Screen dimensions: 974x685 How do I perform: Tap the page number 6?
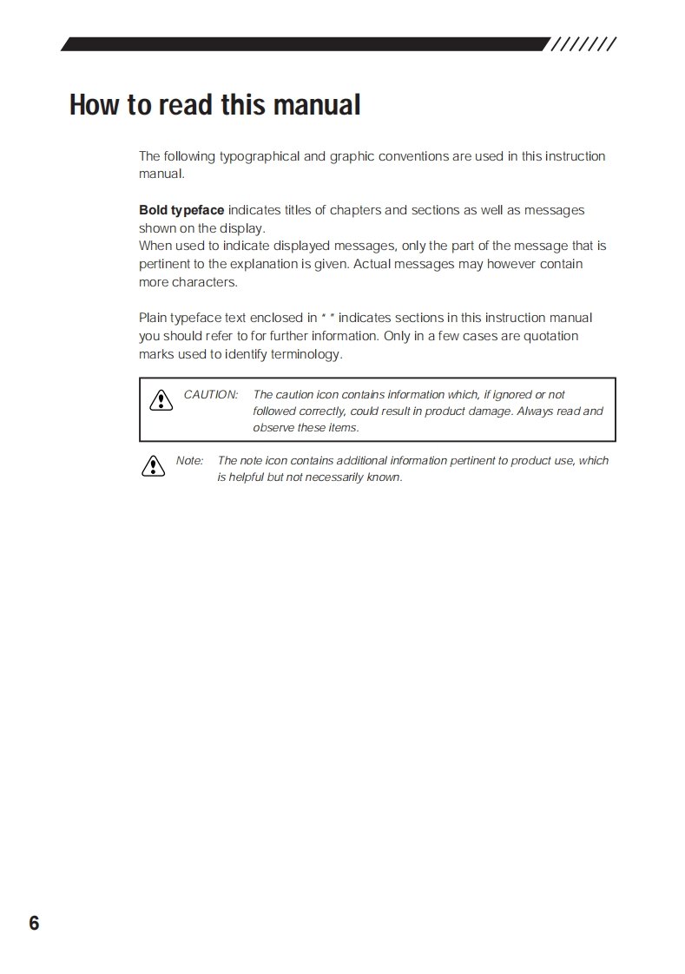point(34,923)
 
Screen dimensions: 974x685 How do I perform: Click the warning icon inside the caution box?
point(161,400)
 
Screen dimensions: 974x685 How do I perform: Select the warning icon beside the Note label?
point(153,466)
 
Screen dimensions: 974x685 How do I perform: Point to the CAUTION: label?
point(211,395)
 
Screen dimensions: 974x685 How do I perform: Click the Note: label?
point(189,461)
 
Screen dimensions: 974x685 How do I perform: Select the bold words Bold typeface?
point(181,210)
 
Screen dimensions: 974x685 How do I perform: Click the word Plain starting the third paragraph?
point(153,318)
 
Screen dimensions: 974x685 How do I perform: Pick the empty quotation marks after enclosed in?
point(328,318)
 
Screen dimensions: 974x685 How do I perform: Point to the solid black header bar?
point(304,44)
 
